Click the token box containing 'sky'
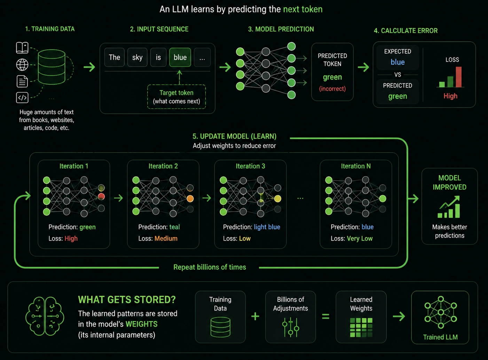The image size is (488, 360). [137, 57]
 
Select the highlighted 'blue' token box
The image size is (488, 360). [180, 57]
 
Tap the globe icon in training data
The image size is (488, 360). [22, 65]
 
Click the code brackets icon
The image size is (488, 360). [22, 97]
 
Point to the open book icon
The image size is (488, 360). [22, 48]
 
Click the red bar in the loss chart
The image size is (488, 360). [459, 77]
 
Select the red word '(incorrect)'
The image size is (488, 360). [332, 89]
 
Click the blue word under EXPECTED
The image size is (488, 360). [398, 62]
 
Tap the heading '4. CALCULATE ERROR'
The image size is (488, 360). [406, 31]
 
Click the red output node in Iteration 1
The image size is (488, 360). [101, 197]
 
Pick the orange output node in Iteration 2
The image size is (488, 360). [190, 198]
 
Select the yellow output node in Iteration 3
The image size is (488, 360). [277, 198]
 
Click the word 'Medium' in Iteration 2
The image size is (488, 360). [166, 238]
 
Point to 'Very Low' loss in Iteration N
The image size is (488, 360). [360, 238]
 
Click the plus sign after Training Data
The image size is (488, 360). [255, 316]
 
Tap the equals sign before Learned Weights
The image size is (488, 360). [325, 316]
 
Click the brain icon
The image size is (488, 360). [45, 316]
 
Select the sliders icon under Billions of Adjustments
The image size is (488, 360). [291, 327]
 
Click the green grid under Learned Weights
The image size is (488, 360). [361, 327]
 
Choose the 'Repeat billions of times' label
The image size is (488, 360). [210, 267]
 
